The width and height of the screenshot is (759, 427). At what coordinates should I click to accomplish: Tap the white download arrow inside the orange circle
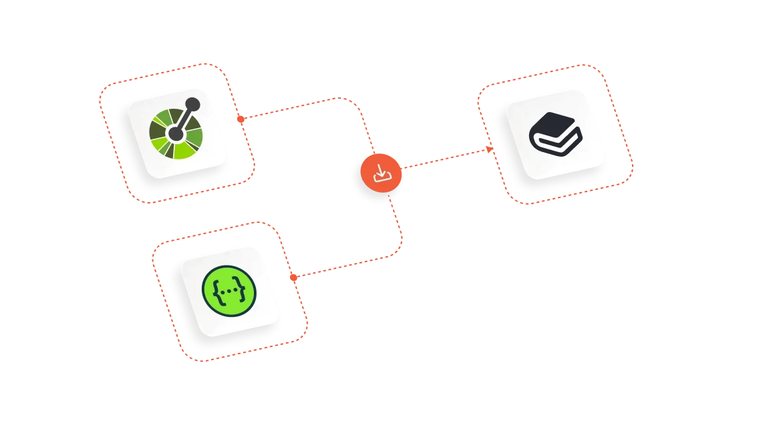pos(380,174)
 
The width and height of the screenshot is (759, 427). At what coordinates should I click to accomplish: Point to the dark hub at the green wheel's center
pos(176,134)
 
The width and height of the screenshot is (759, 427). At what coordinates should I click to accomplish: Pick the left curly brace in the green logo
pos(215,292)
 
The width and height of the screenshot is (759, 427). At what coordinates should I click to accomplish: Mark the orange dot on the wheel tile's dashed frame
pos(239,119)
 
